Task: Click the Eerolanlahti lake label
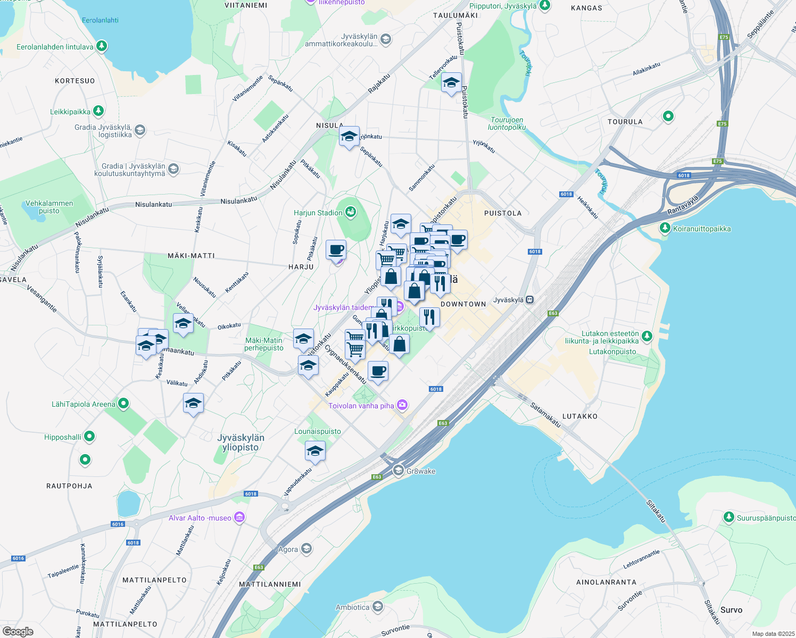pos(100,20)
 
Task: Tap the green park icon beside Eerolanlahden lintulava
pos(102,46)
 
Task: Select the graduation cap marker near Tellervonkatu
pos(451,83)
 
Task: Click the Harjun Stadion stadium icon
pos(351,213)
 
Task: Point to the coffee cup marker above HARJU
pos(336,250)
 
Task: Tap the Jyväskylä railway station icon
pos(529,300)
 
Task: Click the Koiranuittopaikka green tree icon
pos(665,228)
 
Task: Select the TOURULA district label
pos(625,122)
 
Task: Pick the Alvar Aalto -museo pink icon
pos(239,517)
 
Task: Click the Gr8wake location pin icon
pos(398,471)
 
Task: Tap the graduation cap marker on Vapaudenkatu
pos(315,452)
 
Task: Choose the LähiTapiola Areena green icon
pos(123,404)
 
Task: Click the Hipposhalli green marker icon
pos(89,436)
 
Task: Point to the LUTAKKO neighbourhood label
pos(579,416)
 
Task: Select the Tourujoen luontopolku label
pos(507,123)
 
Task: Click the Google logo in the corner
pos(18,631)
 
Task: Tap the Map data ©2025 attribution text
pos(773,634)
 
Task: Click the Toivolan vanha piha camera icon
pos(402,405)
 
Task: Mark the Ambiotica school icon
pos(377,607)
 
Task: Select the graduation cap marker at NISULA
pos(349,137)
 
